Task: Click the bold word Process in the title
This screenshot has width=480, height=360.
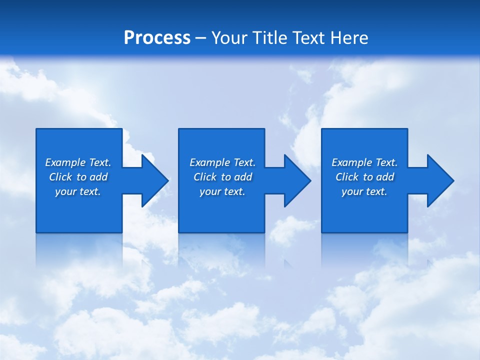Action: pos(157,38)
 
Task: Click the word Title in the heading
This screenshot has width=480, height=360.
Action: pos(268,38)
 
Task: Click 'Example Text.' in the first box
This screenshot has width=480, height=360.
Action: pos(78,162)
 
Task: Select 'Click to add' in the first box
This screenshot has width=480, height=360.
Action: pos(78,177)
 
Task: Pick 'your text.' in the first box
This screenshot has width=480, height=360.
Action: pos(78,191)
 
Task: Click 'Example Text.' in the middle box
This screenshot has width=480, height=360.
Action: pos(222,162)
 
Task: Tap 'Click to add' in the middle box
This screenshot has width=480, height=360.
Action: pos(222,177)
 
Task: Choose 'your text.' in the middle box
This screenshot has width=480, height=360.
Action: pos(222,191)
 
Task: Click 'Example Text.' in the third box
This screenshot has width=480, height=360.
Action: pos(364,162)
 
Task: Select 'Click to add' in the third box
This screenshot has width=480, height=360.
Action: pos(364,177)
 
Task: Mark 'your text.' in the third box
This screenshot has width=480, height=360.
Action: pos(364,191)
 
